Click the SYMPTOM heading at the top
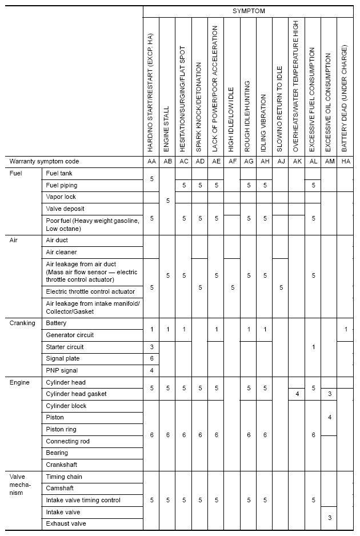(x=249, y=11)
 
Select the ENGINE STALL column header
(x=167, y=128)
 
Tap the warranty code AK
(x=297, y=162)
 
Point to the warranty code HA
(x=345, y=162)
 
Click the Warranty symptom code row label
(x=44, y=162)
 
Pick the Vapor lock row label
(x=61, y=197)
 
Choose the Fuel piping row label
(x=62, y=185)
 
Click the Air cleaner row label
(x=61, y=252)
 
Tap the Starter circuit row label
(x=65, y=347)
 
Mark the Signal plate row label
(x=63, y=359)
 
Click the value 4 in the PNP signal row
(x=151, y=370)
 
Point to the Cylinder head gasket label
(x=76, y=394)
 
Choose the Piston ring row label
(x=61, y=429)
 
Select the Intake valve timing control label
(x=83, y=500)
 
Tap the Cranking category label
(x=22, y=323)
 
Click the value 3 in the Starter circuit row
(x=151, y=347)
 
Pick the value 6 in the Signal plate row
(x=151, y=359)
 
